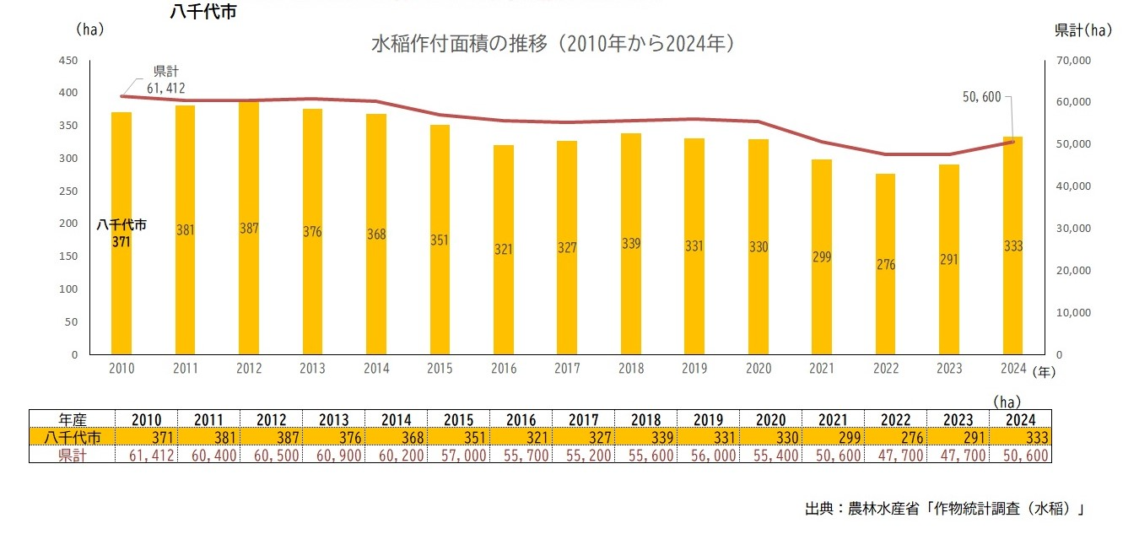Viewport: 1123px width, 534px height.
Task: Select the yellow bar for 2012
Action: (x=249, y=228)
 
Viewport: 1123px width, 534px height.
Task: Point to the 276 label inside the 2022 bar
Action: (x=885, y=264)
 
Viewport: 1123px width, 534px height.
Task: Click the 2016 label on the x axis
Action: (x=504, y=369)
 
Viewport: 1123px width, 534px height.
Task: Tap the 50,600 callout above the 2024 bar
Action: (x=981, y=97)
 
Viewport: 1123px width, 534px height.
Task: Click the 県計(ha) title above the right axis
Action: (x=1083, y=30)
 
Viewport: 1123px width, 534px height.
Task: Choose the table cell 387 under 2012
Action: (x=262, y=437)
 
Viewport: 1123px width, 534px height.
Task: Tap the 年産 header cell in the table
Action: (x=72, y=419)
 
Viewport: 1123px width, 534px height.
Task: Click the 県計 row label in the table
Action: (x=72, y=455)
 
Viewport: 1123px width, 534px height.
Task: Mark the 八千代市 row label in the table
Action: (x=72, y=437)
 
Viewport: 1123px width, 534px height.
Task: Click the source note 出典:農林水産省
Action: (x=944, y=509)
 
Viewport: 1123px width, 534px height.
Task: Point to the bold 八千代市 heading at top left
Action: (x=202, y=13)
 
